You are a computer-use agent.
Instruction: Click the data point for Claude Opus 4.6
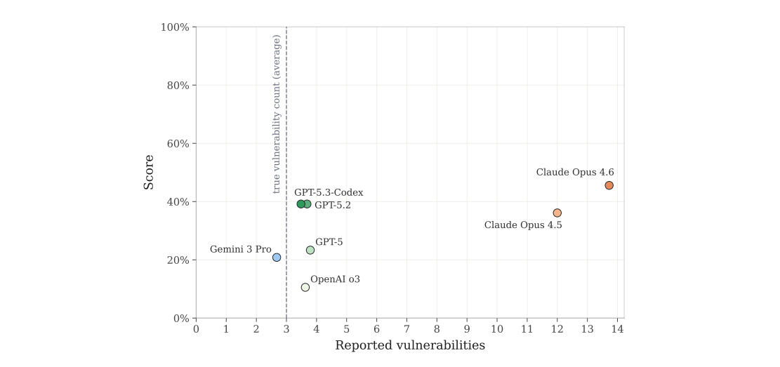(x=609, y=185)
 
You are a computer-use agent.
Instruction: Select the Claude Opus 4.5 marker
(x=557, y=213)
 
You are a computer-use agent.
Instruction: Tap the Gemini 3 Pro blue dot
(x=277, y=258)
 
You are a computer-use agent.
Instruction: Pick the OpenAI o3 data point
(x=305, y=287)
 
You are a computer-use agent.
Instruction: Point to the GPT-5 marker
(x=310, y=250)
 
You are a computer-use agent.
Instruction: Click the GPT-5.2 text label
(x=333, y=206)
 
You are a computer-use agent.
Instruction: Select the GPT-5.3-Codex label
(x=329, y=192)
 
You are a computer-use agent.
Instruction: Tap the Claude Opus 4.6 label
(x=575, y=172)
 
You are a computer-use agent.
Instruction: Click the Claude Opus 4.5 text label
(x=523, y=225)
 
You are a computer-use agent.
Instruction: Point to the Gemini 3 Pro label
(x=241, y=249)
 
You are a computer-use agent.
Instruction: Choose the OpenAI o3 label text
(x=335, y=279)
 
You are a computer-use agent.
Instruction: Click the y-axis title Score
(x=149, y=172)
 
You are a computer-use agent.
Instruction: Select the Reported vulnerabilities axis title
(x=410, y=345)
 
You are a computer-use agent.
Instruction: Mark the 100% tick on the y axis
(x=176, y=27)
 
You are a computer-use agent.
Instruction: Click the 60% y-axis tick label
(x=178, y=144)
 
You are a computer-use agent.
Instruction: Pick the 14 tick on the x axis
(x=617, y=328)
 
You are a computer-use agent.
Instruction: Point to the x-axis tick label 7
(x=406, y=328)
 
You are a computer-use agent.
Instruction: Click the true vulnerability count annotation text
(x=277, y=114)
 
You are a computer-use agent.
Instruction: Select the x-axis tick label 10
(x=497, y=328)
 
